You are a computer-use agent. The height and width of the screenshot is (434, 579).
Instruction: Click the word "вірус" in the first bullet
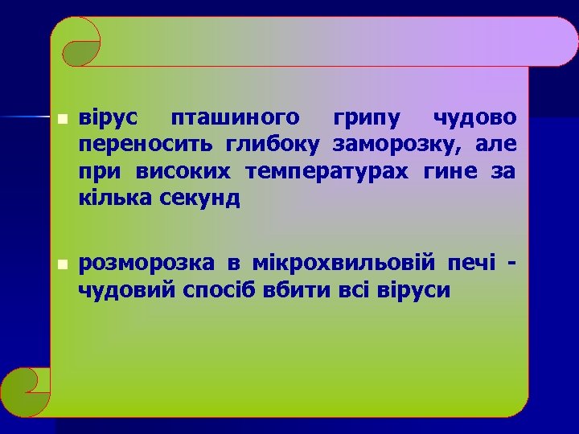108,119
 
